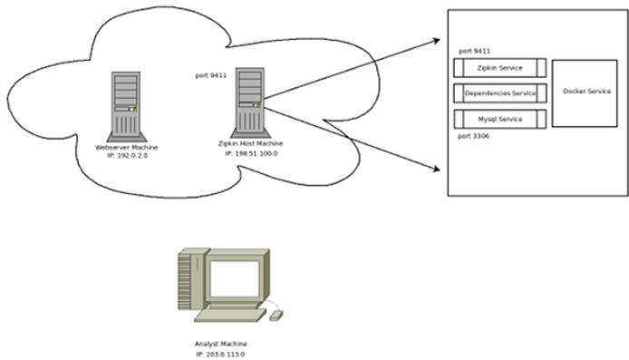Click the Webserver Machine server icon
pyautogui.click(x=127, y=104)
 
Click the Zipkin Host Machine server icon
pyautogui.click(x=249, y=101)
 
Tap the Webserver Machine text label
pyautogui.click(x=127, y=147)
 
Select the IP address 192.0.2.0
pyautogui.click(x=127, y=156)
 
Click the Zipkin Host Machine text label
pyautogui.click(x=251, y=144)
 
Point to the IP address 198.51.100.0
pyautogui.click(x=251, y=154)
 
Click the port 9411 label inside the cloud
pyautogui.click(x=211, y=75)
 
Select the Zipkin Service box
pyautogui.click(x=499, y=68)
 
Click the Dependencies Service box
pyautogui.click(x=499, y=93)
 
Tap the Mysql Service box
pyautogui.click(x=499, y=119)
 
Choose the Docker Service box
pyautogui.click(x=585, y=93)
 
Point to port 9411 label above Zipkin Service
pyautogui.click(x=476, y=52)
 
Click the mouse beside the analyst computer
pyautogui.click(x=276, y=315)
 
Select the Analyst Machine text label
pyautogui.click(x=220, y=344)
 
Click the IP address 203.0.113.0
pyautogui.click(x=220, y=354)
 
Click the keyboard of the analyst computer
pyautogui.click(x=231, y=315)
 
